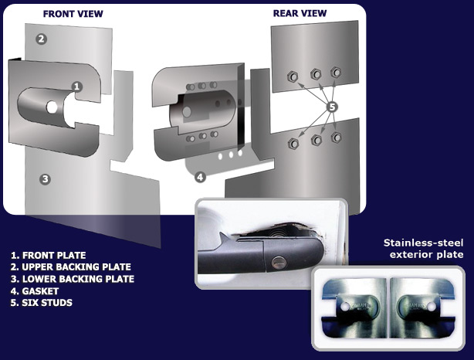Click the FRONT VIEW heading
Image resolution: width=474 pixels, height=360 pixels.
[x=73, y=14]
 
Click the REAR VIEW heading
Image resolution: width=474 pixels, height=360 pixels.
[x=300, y=13]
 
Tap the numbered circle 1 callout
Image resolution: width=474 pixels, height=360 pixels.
[x=76, y=87]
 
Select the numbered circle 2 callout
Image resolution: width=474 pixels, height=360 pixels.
[x=42, y=39]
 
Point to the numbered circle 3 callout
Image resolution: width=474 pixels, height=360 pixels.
[x=45, y=179]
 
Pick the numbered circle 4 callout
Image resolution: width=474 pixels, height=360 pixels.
[x=200, y=177]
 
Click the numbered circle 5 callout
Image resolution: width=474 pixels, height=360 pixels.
[x=332, y=107]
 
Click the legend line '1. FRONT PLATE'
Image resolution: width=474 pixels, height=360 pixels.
[x=49, y=256]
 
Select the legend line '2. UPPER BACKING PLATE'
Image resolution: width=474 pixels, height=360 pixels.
[x=71, y=267]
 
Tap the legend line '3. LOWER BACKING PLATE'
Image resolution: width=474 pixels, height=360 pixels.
[x=73, y=279]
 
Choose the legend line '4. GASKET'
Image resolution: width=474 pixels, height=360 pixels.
[x=35, y=291]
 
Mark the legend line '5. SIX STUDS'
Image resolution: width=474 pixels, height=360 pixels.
[x=42, y=303]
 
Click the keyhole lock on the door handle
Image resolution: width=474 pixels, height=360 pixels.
[x=278, y=263]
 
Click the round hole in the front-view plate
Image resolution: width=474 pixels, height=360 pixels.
[x=52, y=107]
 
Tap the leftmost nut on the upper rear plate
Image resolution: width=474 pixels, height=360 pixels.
[x=293, y=76]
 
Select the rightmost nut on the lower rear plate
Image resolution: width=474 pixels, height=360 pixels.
[x=336, y=138]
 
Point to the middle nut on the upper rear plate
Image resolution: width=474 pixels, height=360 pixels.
[x=316, y=74]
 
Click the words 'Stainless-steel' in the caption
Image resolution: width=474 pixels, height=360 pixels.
[x=423, y=243]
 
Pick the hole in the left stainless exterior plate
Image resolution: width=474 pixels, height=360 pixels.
[x=344, y=307]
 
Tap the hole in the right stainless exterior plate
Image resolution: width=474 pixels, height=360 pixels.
[x=432, y=307]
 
